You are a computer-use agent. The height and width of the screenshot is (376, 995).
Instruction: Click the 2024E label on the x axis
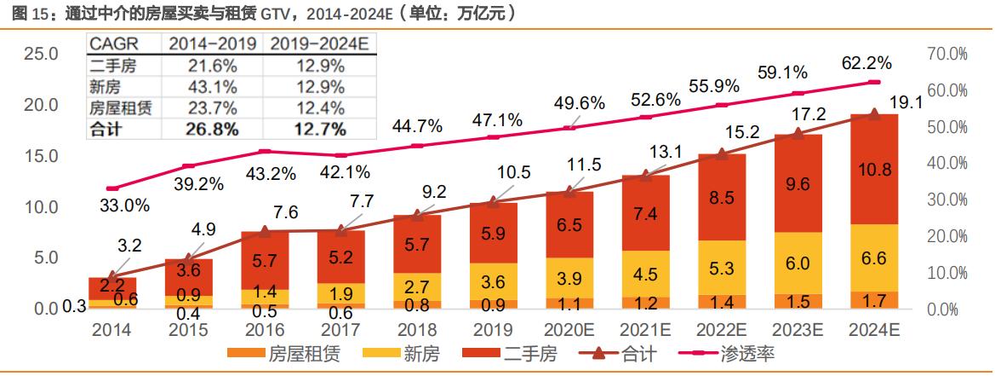[x=874, y=330]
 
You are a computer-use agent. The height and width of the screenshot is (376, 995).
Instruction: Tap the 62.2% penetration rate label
[x=866, y=63]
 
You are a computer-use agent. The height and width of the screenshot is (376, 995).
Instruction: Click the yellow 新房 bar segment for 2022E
[x=722, y=268]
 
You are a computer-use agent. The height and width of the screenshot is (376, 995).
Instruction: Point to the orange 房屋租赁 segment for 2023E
[x=798, y=301]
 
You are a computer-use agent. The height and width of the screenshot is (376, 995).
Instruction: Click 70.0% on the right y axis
[x=946, y=54]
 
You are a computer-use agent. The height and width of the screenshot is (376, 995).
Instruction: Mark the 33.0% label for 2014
[x=125, y=205]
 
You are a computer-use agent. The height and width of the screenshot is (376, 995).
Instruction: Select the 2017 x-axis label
[x=341, y=330]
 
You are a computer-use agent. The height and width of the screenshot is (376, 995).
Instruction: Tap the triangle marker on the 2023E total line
[x=798, y=133]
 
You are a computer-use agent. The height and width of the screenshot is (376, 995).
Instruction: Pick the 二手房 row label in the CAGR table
[x=112, y=66]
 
